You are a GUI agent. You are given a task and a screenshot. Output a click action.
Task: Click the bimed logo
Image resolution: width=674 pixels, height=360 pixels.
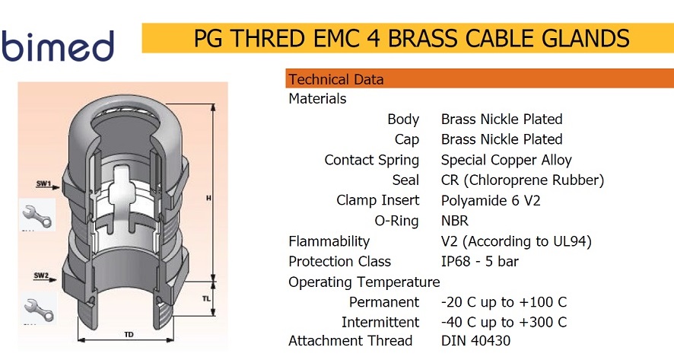coord(58,46)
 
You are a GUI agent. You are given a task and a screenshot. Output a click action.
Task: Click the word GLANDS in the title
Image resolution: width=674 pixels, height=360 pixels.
coord(586,38)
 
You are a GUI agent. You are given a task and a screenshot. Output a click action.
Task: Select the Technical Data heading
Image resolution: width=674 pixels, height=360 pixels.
coord(335,80)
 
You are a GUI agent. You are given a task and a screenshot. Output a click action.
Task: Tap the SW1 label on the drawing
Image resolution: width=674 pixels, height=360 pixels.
coord(43,183)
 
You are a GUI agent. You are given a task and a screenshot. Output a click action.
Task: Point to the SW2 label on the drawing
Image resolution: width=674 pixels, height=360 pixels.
coord(41,276)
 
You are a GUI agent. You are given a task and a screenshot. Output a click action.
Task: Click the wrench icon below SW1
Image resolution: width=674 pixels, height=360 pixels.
coord(37,215)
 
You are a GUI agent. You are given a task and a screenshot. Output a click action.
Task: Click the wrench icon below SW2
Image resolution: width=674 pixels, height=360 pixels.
coord(39,308)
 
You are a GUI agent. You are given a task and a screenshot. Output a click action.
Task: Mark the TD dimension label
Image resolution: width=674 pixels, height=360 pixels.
coord(129,334)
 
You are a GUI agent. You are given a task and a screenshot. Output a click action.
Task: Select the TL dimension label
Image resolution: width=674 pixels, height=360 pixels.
coord(206,298)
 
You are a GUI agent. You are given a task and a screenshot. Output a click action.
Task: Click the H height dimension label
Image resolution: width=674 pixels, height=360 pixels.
coord(208,198)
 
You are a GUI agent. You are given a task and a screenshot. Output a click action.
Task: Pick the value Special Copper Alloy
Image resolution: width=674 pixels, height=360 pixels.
coord(507,160)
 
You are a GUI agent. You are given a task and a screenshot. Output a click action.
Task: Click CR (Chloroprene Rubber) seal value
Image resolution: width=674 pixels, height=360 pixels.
coord(523,180)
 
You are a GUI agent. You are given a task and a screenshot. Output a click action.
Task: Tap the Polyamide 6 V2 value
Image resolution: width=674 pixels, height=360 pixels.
coord(491,200)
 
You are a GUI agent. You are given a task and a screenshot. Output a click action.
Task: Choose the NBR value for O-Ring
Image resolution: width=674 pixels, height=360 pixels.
coord(455,221)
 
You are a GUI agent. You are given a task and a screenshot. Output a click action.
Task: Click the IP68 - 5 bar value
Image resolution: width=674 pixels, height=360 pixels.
coord(480,262)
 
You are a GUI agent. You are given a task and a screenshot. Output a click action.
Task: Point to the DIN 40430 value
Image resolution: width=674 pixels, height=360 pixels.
coord(476,341)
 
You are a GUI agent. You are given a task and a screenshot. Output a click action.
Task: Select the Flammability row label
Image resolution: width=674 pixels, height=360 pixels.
coord(329,241)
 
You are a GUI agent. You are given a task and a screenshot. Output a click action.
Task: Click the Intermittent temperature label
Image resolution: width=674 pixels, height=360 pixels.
coord(380,322)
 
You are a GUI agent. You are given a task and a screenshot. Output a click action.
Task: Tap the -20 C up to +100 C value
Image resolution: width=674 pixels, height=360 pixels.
coord(504,302)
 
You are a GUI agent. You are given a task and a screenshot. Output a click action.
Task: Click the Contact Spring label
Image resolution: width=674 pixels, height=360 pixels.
coord(372,160)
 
